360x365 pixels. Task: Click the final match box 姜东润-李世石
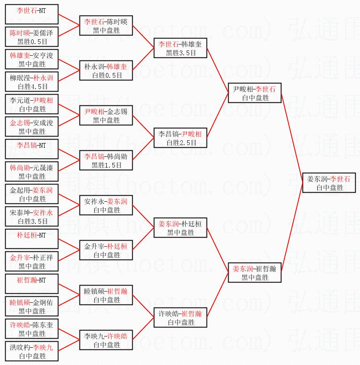point(329,183)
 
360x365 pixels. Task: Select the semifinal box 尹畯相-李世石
point(255,93)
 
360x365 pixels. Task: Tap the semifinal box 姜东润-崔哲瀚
point(255,273)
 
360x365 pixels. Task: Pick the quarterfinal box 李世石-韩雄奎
point(180,48)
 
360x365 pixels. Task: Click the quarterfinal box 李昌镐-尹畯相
point(180,138)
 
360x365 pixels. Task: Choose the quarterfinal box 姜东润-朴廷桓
point(180,228)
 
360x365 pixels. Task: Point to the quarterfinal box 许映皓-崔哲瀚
point(180,317)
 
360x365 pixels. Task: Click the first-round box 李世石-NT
point(32,14)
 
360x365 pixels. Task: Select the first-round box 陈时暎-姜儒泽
point(32,37)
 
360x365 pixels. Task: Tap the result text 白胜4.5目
point(33,86)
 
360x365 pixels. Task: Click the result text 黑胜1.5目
point(106,165)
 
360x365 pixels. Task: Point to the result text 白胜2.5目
point(182,143)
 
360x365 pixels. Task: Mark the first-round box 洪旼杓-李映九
point(32,351)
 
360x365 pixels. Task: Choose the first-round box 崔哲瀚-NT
point(32,284)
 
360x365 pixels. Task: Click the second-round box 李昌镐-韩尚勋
point(106,160)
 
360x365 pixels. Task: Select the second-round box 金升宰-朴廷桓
point(106,250)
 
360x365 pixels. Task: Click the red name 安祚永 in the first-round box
point(43,213)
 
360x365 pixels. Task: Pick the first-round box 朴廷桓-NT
point(32,239)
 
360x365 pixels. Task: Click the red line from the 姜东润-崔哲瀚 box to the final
point(292,228)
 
